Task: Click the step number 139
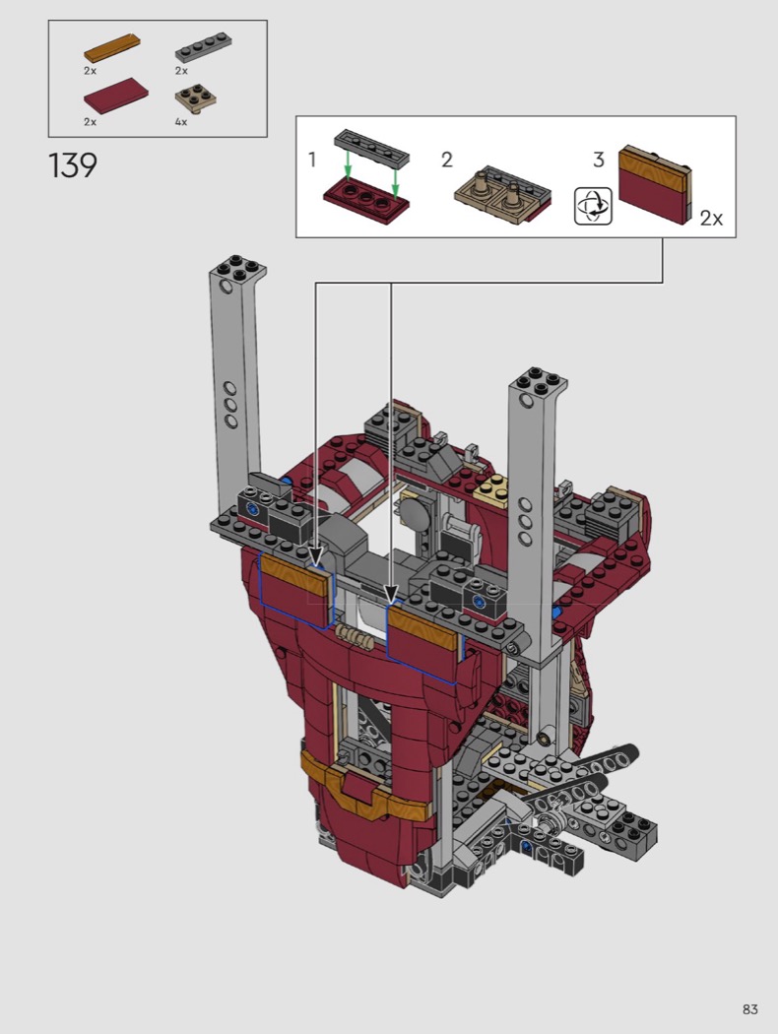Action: click(73, 165)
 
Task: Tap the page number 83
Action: click(749, 1009)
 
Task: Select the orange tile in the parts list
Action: click(111, 47)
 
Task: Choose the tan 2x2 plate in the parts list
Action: click(197, 98)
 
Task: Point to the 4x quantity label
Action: click(180, 122)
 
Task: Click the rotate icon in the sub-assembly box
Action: click(593, 206)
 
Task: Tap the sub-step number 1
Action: click(312, 160)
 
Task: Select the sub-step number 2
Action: click(447, 160)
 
